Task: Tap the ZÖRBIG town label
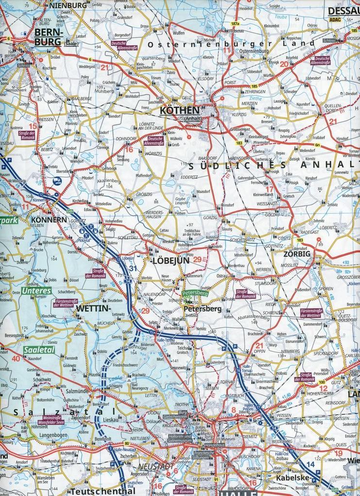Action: [x=297, y=254]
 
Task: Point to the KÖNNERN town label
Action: [x=48, y=220]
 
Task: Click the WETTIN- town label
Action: [x=94, y=309]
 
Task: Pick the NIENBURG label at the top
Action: [x=68, y=5]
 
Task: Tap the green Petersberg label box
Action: [x=195, y=294]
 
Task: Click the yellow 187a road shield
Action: [x=236, y=24]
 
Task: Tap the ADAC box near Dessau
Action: [x=335, y=20]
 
